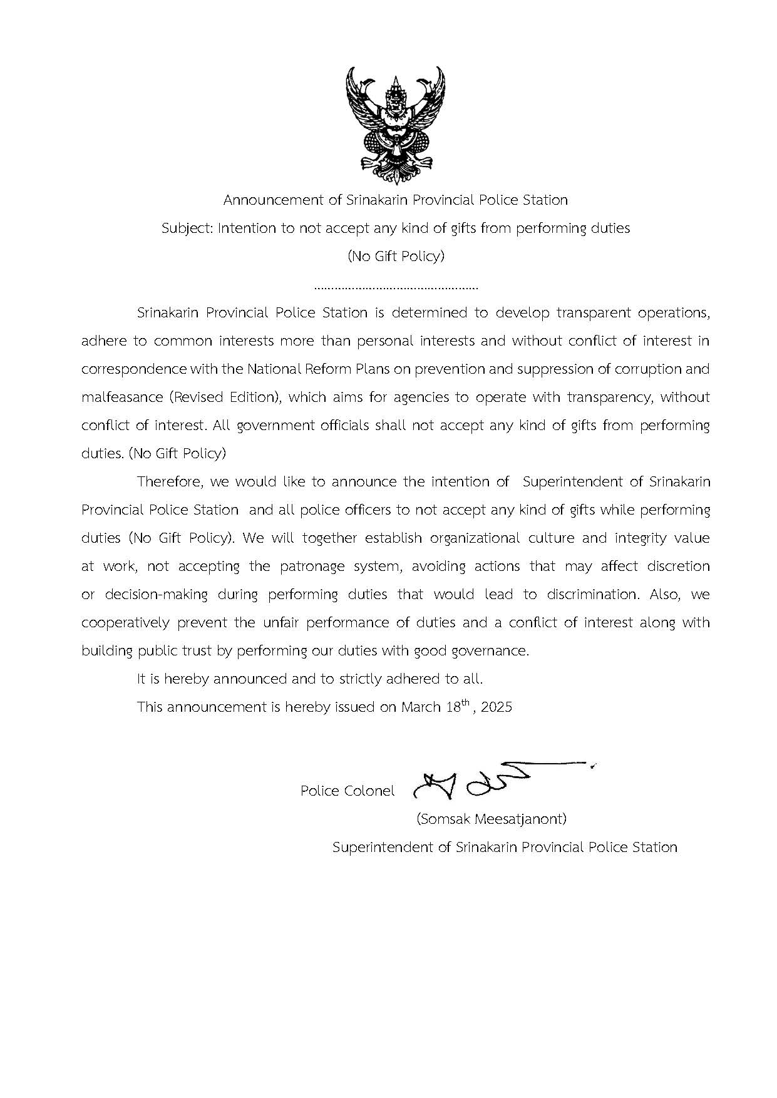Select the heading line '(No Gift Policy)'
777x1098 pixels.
396,256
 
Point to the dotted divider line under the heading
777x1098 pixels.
396,289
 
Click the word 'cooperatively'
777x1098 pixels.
125,623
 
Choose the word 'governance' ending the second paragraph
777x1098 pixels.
494,651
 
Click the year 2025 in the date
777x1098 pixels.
497,707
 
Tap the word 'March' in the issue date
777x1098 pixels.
421,707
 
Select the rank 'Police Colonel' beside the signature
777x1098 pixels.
347,791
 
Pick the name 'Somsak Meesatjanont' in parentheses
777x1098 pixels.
491,819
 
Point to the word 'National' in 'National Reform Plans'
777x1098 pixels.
272,369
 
